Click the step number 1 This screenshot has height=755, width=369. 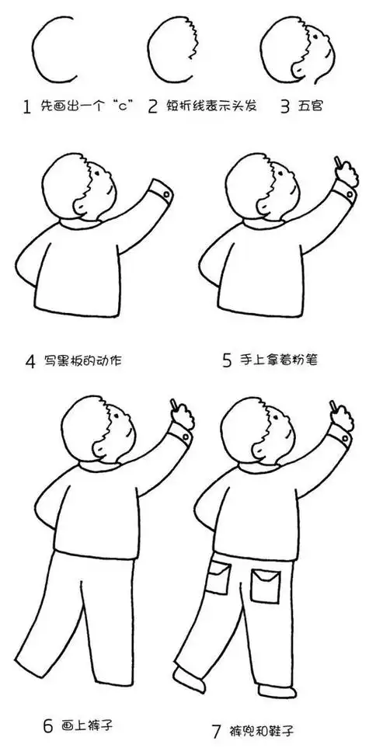coord(27,106)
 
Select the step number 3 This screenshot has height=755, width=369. coord(285,106)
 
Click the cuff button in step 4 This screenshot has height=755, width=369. coord(169,191)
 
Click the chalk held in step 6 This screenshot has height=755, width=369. coord(175,405)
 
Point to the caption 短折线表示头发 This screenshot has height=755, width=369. coord(214,106)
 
